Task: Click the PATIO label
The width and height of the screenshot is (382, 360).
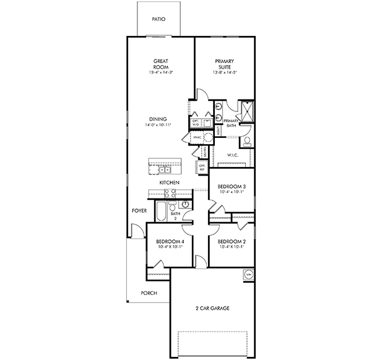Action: coord(158,19)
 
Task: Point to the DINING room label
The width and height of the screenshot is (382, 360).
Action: coord(158,119)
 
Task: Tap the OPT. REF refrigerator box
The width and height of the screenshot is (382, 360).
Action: coord(202,166)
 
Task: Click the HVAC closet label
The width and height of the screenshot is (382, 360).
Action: coord(198,136)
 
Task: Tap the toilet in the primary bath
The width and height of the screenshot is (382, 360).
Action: coord(246,142)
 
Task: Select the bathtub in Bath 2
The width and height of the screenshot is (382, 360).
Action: coord(160,210)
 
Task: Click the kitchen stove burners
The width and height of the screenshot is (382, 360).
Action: coord(171,194)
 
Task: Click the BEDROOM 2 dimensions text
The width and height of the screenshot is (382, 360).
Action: coord(231,247)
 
